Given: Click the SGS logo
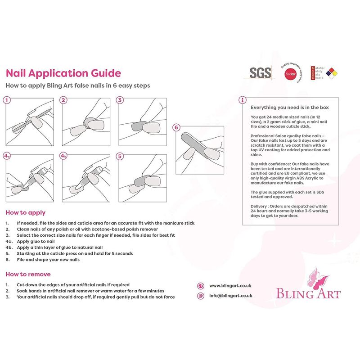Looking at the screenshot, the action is (x=260, y=73).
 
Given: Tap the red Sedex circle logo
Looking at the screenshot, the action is (x=290, y=74).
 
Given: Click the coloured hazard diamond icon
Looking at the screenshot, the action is (x=332, y=73).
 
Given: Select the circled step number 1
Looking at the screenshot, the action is (x=7, y=100).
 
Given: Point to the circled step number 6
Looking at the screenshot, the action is (x=176, y=128).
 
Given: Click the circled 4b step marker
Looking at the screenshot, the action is (x=63, y=156).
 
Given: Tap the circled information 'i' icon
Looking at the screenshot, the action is (x=243, y=100).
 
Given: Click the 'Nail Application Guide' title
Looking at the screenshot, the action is (x=63, y=73).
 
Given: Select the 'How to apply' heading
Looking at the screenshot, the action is (x=26, y=213).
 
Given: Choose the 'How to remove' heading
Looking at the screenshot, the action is (x=28, y=274).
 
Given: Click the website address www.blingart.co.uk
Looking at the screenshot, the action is (x=230, y=286).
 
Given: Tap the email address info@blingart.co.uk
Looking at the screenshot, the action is (x=231, y=296).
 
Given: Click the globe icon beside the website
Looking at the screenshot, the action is (x=201, y=286).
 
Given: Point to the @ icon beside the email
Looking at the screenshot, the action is (x=201, y=296).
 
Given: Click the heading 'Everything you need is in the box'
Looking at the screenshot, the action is (x=289, y=108).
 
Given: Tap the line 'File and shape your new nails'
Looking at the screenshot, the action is (x=48, y=260).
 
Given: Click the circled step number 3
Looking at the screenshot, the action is (x=120, y=100).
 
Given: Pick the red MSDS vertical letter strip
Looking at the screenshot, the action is (x=313, y=73).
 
